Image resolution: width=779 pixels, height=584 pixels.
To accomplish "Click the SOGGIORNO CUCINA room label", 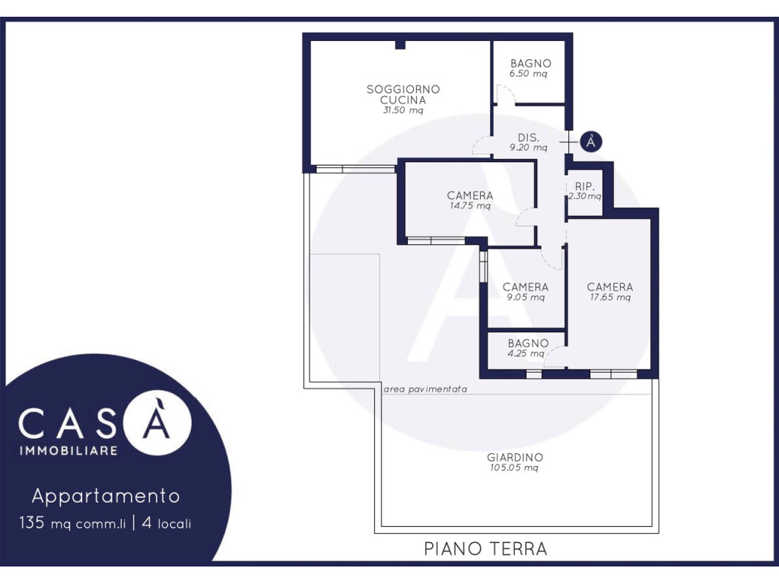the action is coord(403,94).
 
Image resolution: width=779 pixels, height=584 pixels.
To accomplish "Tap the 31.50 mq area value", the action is coord(403,110).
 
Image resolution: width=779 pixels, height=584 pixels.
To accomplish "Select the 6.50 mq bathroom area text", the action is coord(528,74).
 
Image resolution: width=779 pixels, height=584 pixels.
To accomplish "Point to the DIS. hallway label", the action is coord(528,138).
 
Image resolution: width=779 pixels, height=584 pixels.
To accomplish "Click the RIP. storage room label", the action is coord(584,186).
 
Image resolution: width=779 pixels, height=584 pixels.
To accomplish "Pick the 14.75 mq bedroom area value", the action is coord(470,205).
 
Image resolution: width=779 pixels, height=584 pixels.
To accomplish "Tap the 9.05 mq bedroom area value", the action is coord(525,297).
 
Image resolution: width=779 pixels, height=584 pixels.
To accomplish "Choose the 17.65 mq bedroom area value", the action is coord(610,297).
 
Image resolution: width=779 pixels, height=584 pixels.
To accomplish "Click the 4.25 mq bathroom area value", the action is coord(526,354).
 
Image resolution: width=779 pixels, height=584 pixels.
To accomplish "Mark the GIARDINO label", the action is coord(515,457).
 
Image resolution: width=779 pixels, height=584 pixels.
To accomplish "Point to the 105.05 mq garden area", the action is coord(514,468).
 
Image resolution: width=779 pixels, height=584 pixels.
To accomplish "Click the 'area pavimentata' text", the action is coord(425,389).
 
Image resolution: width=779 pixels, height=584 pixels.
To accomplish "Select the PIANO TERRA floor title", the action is coord(485,549).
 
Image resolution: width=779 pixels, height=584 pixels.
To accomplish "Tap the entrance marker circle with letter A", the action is coord(590,141).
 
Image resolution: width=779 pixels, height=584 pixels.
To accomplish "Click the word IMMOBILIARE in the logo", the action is coord(68,450).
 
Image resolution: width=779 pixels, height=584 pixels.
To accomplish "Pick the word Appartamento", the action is coord(106,496).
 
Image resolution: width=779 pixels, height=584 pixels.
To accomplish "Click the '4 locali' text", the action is coord(167,523).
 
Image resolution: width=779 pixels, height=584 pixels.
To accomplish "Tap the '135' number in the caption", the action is coord(32,522).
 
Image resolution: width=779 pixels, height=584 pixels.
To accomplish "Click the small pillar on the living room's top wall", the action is coord(400,45).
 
